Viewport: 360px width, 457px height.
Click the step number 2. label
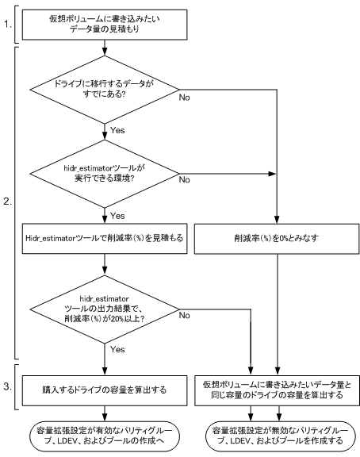coord(7,202)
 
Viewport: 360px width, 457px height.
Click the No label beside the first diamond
coord(186,97)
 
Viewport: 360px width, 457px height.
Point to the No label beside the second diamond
coord(186,181)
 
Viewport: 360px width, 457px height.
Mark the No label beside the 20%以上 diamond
coord(186,317)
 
